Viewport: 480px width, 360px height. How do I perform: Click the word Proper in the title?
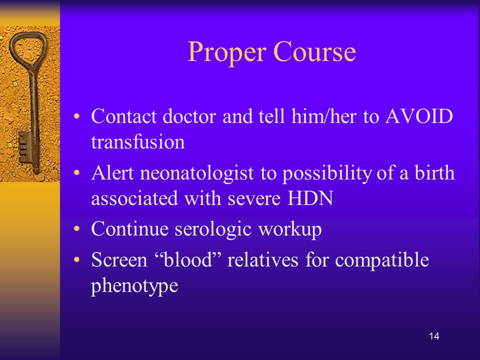point(226,52)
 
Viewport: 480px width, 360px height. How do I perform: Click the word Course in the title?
point(314,51)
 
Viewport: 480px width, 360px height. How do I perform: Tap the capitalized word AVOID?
point(419,116)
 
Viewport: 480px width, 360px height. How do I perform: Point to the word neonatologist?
point(197,173)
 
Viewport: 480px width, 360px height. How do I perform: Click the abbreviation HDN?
point(310,198)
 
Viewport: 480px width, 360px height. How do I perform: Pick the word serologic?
point(213,229)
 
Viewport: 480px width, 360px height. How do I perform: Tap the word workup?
point(290,229)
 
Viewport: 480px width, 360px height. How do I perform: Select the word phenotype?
point(134,286)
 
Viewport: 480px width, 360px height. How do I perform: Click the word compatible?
point(382,260)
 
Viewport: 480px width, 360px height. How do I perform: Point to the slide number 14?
point(434,336)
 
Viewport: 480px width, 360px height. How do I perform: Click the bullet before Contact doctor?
point(76,116)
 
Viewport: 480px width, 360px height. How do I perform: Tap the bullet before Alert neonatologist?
point(76,173)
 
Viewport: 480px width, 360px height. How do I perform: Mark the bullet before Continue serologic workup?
point(76,229)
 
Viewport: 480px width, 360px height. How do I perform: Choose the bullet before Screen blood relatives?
point(76,260)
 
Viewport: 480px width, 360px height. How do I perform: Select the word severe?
point(254,198)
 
